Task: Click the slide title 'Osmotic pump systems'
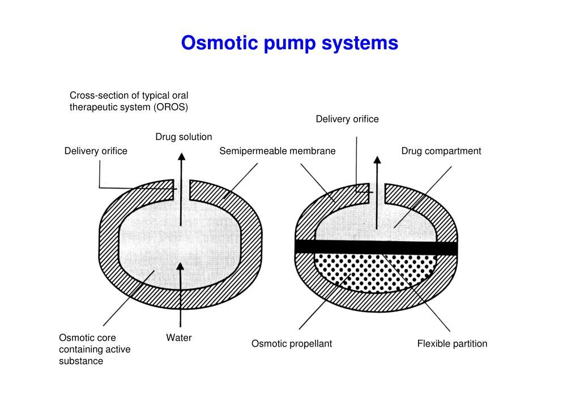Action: (289, 43)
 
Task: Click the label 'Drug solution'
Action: (184, 137)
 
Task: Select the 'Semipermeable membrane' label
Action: (278, 151)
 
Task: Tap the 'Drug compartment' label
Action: (441, 151)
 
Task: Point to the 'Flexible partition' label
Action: (452, 344)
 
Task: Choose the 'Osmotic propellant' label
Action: (292, 344)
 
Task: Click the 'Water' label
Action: (179, 338)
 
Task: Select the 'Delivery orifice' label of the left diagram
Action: (95, 151)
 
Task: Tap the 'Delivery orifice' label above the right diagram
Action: (347, 119)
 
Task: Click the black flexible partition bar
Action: (376, 248)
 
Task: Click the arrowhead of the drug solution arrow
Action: (181, 157)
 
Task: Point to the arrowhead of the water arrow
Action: (181, 267)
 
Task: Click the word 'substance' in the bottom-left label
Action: (81, 361)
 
